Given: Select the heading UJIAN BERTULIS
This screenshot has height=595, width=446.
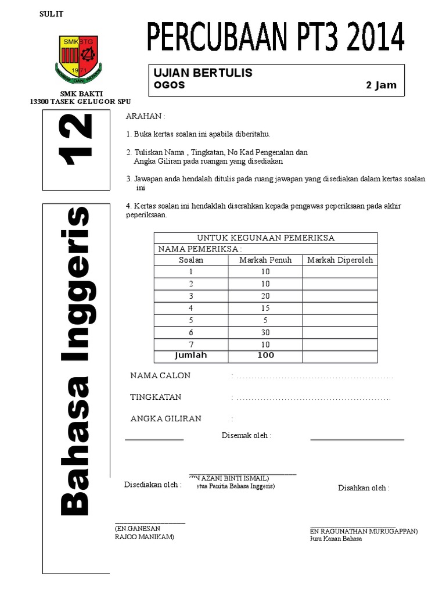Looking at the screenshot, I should pyautogui.click(x=202, y=73).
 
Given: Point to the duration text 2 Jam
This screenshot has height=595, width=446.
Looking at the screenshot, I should pyautogui.click(x=381, y=85).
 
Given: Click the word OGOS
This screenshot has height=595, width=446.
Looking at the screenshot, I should pyautogui.click(x=169, y=85).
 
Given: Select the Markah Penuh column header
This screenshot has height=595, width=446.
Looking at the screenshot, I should pyautogui.click(x=265, y=260).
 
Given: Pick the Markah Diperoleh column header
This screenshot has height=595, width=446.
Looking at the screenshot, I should pyautogui.click(x=340, y=260).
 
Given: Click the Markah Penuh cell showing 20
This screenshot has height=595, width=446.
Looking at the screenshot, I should pyautogui.click(x=265, y=296).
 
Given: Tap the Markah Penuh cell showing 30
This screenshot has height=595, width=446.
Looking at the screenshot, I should pyautogui.click(x=265, y=332).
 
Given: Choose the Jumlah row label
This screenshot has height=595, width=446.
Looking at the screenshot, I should pyautogui.click(x=191, y=355).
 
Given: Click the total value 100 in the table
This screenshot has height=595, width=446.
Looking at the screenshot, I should pyautogui.click(x=265, y=355).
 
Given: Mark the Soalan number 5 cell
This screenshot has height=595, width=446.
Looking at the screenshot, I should pyautogui.click(x=190, y=320).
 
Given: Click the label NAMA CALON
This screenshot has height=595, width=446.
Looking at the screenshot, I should pyautogui.click(x=160, y=375).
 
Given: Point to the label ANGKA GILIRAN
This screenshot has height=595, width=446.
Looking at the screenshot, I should pyautogui.click(x=166, y=418).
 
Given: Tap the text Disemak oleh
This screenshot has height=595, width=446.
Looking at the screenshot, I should pyautogui.click(x=246, y=435).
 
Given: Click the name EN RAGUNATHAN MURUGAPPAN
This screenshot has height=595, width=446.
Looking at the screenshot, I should pyautogui.click(x=364, y=531).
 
